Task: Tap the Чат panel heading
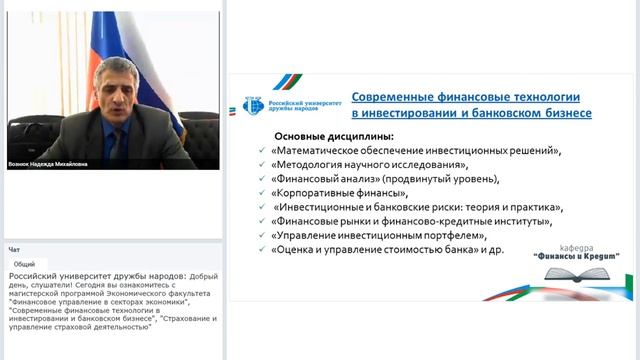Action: [14, 249]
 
